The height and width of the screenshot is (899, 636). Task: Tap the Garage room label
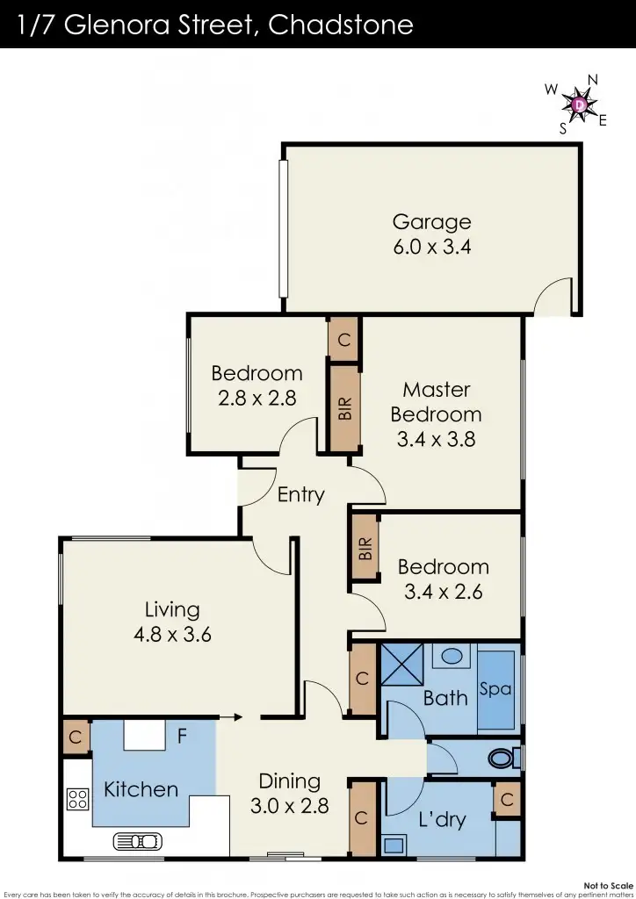pyautogui.click(x=431, y=222)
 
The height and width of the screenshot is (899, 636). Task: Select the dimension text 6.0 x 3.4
pyautogui.click(x=431, y=247)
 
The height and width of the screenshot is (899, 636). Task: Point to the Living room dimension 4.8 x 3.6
pyautogui.click(x=172, y=634)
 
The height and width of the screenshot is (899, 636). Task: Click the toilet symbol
pyautogui.click(x=505, y=756)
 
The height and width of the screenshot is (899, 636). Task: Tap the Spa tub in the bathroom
pyautogui.click(x=495, y=690)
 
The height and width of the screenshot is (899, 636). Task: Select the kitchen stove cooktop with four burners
pyautogui.click(x=77, y=799)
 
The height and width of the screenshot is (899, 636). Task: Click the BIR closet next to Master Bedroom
pyautogui.click(x=344, y=407)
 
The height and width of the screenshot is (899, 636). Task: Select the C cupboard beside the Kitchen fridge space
pyautogui.click(x=76, y=737)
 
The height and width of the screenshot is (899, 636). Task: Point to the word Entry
pyautogui.click(x=300, y=495)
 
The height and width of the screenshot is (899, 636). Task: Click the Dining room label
pyautogui.click(x=289, y=780)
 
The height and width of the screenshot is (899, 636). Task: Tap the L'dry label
pyautogui.click(x=441, y=821)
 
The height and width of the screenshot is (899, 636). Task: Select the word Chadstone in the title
pyautogui.click(x=341, y=24)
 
